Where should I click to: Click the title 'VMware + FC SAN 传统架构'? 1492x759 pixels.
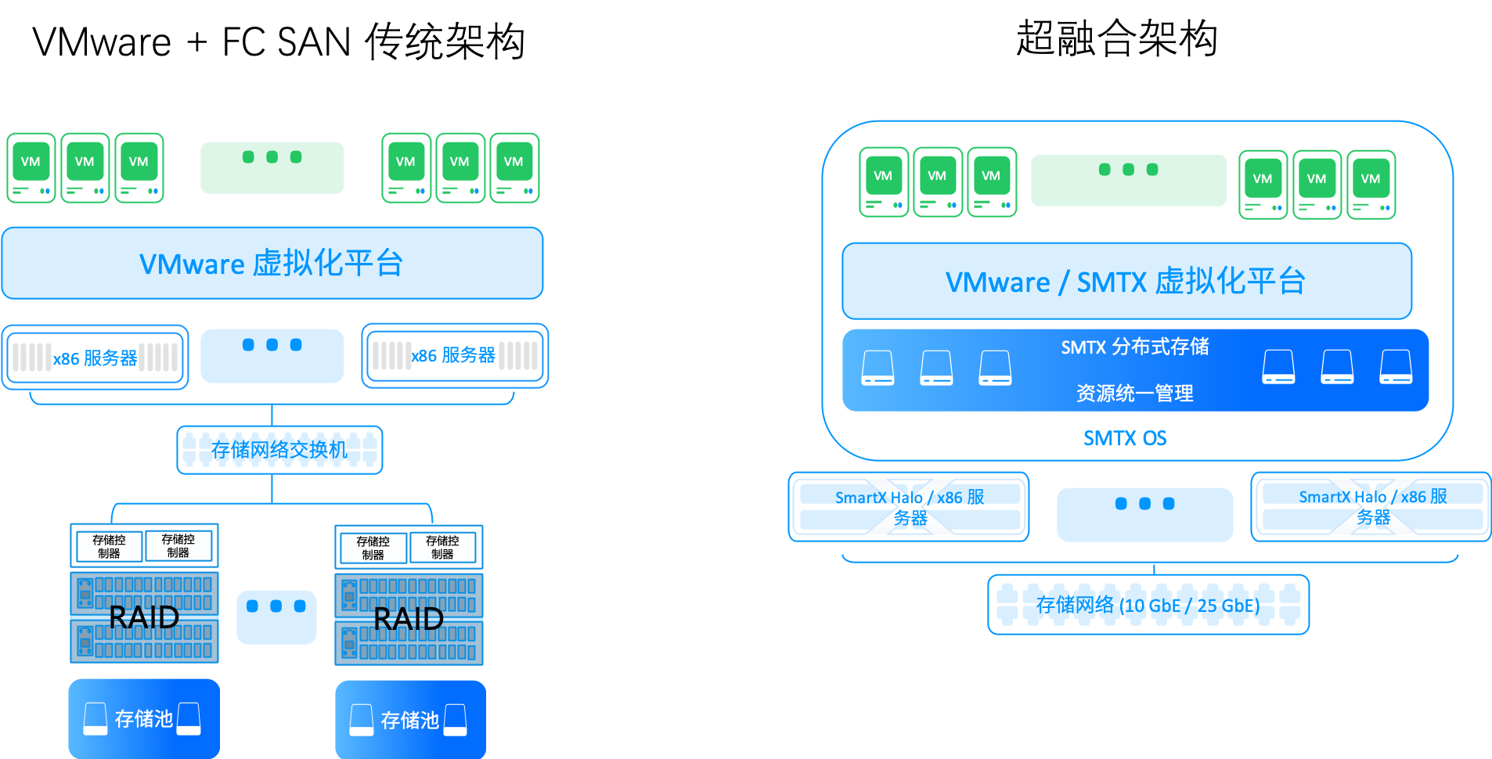tap(278, 41)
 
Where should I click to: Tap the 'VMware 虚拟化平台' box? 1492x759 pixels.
tap(272, 263)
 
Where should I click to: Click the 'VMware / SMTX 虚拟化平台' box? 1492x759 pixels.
tap(1126, 281)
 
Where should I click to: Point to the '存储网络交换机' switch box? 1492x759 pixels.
tap(279, 450)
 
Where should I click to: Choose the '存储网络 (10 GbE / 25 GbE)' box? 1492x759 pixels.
tap(1148, 605)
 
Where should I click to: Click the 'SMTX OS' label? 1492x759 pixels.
tap(1125, 438)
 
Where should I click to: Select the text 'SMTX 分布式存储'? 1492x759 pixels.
tap(1135, 347)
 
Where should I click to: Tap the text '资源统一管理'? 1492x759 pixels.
tap(1135, 393)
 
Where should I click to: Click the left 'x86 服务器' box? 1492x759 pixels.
tap(96, 358)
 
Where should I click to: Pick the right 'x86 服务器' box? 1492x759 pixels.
tap(455, 356)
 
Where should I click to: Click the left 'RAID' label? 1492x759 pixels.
tap(144, 617)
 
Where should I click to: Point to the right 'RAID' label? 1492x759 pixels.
tap(409, 619)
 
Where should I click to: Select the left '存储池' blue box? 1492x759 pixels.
tap(144, 718)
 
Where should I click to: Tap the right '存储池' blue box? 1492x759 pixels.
tap(411, 720)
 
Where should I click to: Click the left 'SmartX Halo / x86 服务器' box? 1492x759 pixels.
tap(909, 507)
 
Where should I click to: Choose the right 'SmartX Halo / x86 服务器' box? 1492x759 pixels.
tap(1371, 506)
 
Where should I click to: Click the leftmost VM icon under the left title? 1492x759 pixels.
tap(31, 168)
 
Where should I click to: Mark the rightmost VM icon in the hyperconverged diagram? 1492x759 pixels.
tap(1371, 185)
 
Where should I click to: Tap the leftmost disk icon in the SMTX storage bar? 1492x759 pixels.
tap(878, 368)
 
